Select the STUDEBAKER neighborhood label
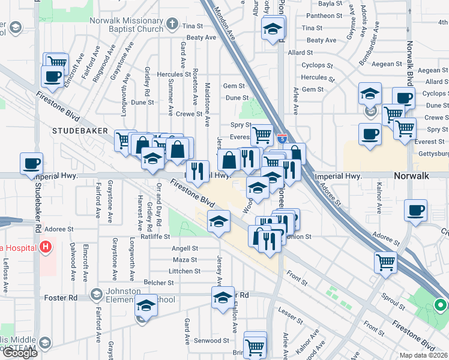[x=80, y=130]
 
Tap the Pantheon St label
[x=319, y=16]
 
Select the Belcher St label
[x=158, y=282]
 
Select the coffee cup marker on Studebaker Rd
[x=31, y=163]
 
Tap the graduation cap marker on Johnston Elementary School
[x=146, y=305]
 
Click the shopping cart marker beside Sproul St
[x=385, y=262]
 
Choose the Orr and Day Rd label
[x=158, y=205]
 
